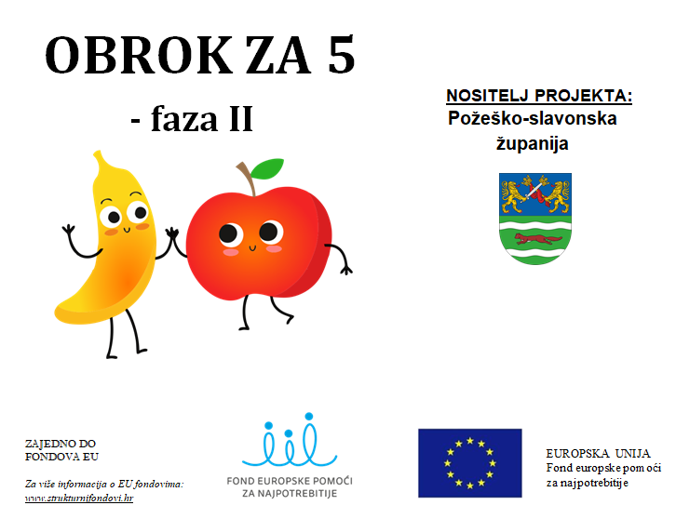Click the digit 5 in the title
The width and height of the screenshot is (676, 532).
coord(341,55)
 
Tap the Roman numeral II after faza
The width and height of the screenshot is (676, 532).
coord(241,119)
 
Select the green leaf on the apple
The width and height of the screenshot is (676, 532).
coord(267,168)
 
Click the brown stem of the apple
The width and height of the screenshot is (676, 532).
coord(247,177)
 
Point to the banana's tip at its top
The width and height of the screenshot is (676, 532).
coord(98,153)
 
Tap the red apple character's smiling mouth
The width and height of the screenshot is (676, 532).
coord(252,248)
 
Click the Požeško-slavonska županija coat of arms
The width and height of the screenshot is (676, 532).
coord(535,219)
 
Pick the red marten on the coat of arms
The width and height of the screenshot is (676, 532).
coord(537,239)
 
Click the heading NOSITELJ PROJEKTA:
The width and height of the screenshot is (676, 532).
coord(539,96)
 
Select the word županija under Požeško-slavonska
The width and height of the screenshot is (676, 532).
coord(532,143)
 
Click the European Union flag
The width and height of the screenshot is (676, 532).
coord(470,463)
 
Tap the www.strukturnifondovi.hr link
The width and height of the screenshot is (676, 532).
coord(79,499)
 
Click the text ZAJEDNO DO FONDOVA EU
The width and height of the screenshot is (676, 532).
coord(61,450)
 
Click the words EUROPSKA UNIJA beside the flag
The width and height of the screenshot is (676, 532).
coord(598,454)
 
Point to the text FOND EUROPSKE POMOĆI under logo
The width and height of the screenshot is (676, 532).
coord(290,481)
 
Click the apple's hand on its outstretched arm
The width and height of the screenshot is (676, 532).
coord(345,270)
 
